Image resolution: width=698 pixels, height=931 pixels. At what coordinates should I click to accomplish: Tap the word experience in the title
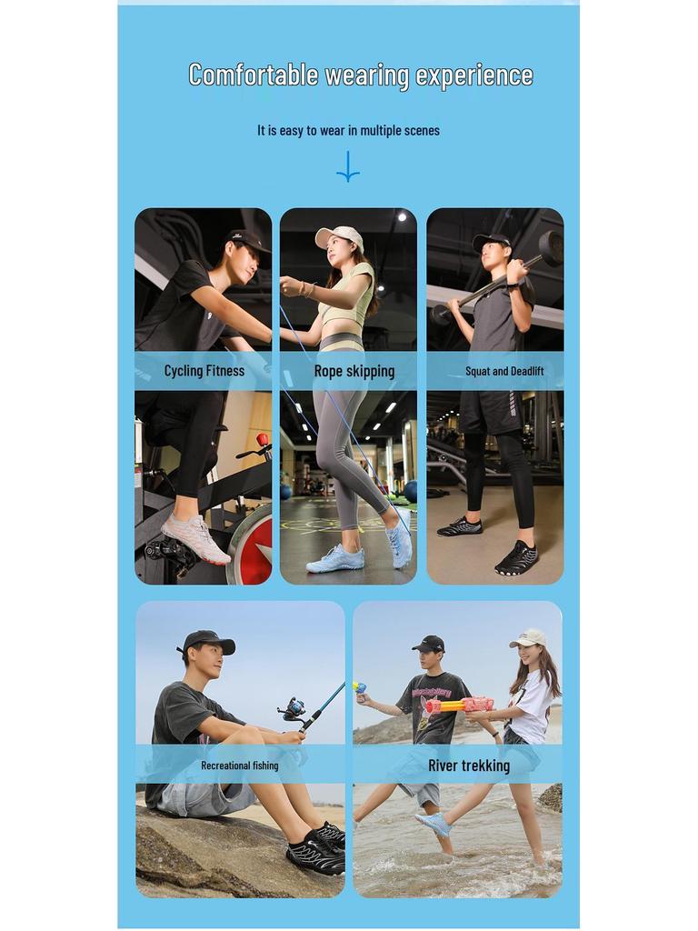[x=474, y=75]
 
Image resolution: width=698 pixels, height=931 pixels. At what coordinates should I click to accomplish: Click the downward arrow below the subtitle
[x=348, y=166]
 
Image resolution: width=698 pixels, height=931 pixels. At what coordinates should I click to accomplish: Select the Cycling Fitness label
[x=204, y=371]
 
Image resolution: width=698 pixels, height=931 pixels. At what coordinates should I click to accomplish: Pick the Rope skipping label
[x=354, y=371]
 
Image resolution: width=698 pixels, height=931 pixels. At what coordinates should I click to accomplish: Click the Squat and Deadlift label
[x=504, y=371]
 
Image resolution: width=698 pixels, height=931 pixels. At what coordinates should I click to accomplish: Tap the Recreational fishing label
[x=240, y=766]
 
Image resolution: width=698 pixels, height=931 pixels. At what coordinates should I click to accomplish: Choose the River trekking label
[x=469, y=766]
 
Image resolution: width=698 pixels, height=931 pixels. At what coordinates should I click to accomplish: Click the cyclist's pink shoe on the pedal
[x=195, y=537]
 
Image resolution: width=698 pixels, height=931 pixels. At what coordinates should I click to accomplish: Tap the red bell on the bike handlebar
[x=263, y=441]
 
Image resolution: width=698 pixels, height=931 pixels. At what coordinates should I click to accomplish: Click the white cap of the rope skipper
[x=338, y=237]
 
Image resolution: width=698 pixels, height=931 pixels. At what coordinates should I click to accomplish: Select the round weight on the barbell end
[x=550, y=247]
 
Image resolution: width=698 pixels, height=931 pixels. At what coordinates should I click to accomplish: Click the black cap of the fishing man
[x=208, y=642]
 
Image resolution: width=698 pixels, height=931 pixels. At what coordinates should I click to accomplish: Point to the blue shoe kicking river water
[x=434, y=824]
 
